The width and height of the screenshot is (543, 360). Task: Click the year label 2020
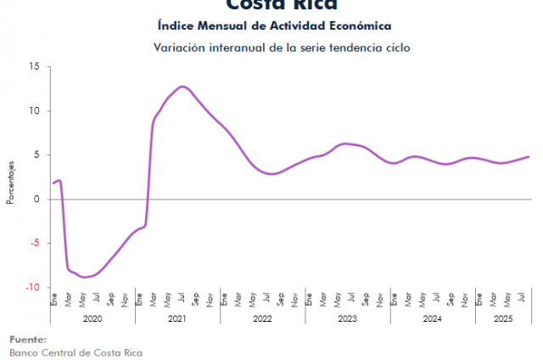(x=92, y=319)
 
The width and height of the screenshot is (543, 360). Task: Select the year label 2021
(x=178, y=319)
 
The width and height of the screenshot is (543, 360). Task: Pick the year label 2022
(x=263, y=319)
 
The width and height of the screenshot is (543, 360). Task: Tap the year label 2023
(x=348, y=319)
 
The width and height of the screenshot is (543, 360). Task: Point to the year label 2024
(x=433, y=319)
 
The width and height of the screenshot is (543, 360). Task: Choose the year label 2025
(x=504, y=319)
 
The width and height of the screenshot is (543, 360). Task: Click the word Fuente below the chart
(x=28, y=340)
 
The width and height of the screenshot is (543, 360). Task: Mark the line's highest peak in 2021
(x=182, y=87)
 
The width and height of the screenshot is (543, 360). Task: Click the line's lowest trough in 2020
(x=85, y=277)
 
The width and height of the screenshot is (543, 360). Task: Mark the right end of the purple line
(x=529, y=156)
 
